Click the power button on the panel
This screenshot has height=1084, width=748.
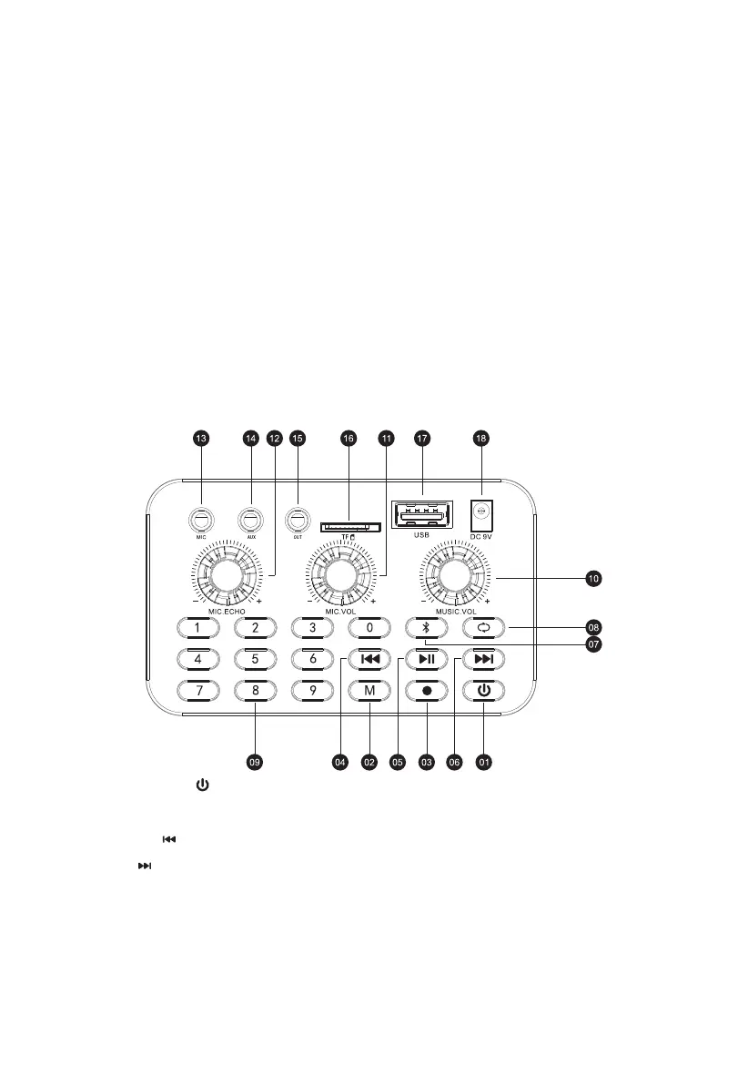483,690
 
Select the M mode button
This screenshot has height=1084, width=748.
369,690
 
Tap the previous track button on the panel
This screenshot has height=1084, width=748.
369,659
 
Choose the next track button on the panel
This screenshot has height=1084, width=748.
483,659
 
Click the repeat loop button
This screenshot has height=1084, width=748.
483,627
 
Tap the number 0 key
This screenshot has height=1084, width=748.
369,627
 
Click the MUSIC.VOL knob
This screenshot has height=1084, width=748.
454,574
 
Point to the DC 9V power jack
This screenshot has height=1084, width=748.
481,514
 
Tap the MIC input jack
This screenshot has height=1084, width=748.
200,521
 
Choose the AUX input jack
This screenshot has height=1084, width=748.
249,521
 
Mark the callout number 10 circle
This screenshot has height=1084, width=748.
592,577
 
